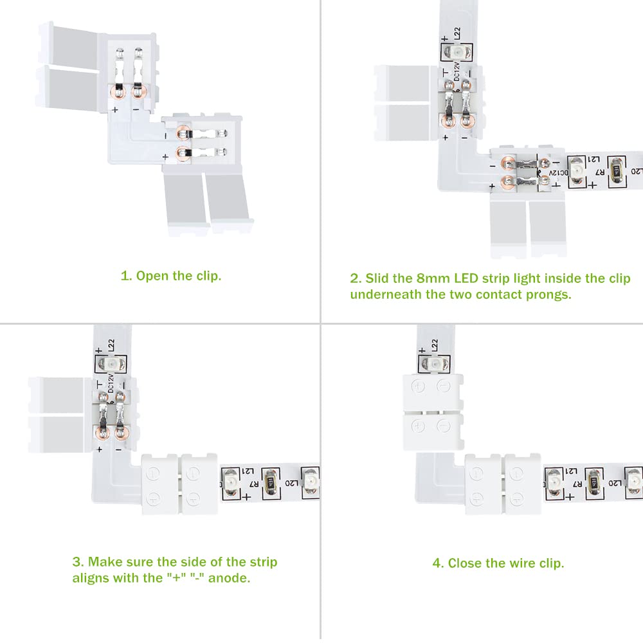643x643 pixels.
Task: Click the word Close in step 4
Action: [x=465, y=563]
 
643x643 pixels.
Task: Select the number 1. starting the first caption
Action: [x=126, y=276]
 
